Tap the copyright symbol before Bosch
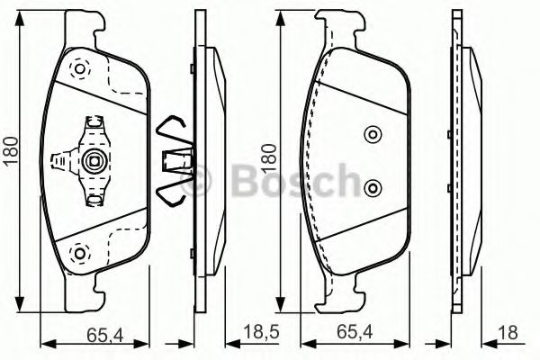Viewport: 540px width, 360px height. point(202,181)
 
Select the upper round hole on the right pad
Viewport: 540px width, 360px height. point(373,135)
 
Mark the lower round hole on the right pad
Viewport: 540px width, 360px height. point(373,188)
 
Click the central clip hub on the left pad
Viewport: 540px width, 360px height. point(93,162)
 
